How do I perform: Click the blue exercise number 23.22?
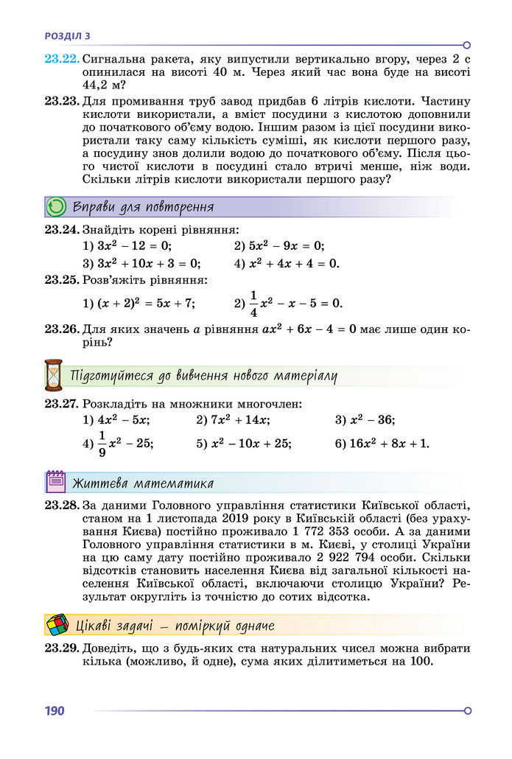point(61,58)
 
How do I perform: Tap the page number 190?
point(55,710)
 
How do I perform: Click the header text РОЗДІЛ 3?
point(68,35)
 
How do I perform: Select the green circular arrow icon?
point(56,207)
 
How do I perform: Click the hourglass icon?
point(54,374)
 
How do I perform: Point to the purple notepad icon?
point(56,483)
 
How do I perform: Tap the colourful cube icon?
point(57,625)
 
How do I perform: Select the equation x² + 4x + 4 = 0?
point(294,263)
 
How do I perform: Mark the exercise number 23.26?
point(61,329)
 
